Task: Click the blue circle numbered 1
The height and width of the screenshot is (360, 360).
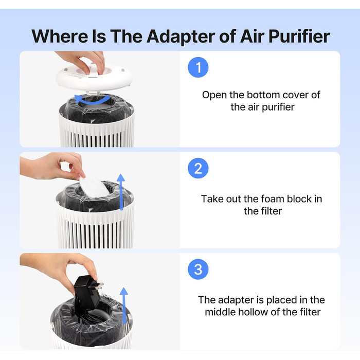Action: tap(198, 67)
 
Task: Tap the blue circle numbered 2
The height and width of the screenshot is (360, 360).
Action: tap(198, 168)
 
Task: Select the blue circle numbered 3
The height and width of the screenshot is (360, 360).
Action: tap(198, 269)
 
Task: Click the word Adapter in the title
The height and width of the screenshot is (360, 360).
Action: tap(181, 37)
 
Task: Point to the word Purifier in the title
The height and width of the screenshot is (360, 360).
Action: tap(299, 37)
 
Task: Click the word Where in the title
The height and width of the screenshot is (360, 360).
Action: tap(60, 37)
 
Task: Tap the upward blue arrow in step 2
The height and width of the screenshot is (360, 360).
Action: tap(121, 192)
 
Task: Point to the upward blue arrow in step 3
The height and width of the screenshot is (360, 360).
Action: tap(124, 305)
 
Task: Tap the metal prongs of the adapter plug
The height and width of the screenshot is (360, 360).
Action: tap(99, 286)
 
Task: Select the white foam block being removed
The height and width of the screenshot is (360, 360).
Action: tap(94, 187)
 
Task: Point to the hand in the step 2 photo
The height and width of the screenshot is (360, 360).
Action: tap(53, 167)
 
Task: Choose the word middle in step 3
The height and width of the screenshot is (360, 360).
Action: tap(220, 312)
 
